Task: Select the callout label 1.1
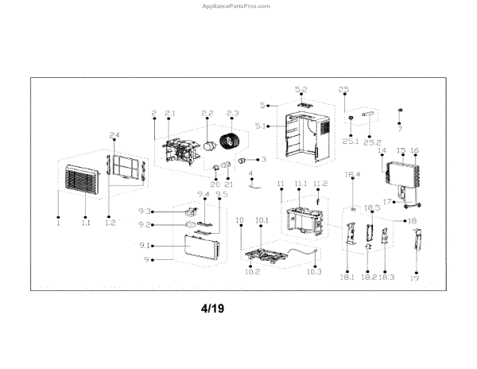(x=85, y=223)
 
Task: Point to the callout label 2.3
(x=233, y=112)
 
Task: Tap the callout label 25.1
(x=351, y=141)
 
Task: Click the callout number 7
(x=400, y=128)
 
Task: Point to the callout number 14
(x=382, y=150)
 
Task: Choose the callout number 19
(x=413, y=278)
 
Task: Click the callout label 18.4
(x=352, y=174)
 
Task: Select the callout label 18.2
(x=368, y=277)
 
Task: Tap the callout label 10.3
(x=313, y=272)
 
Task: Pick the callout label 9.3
(x=145, y=211)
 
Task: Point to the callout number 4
(x=250, y=173)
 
